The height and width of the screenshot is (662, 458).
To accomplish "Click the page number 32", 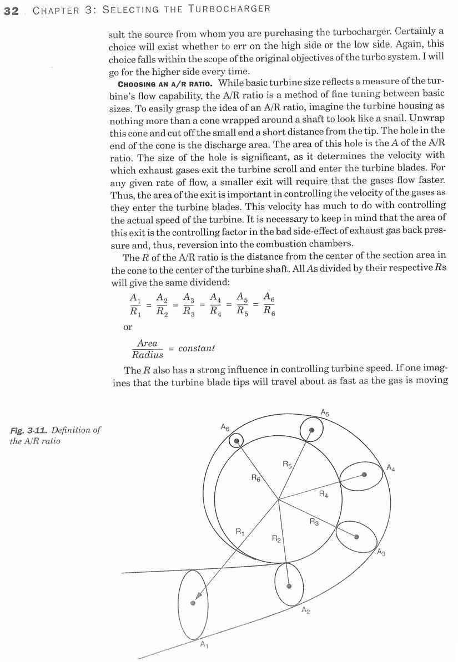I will [x=11, y=11].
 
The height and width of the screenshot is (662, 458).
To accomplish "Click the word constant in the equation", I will [x=197, y=348].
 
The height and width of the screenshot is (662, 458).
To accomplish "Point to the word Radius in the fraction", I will [x=147, y=355].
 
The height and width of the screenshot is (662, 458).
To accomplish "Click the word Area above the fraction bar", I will [x=147, y=343].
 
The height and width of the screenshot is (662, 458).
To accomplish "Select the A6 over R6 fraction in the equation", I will [x=269, y=304].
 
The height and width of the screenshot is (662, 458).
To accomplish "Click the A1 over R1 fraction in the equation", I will [x=135, y=304].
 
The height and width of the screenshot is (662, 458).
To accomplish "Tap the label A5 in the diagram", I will [x=325, y=412].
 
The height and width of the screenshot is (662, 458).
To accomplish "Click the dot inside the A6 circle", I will [x=237, y=441].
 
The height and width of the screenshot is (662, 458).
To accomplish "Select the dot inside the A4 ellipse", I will [x=364, y=475].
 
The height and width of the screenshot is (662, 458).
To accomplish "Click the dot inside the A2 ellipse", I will [x=289, y=584].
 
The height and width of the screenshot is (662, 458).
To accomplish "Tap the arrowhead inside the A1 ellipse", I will [x=193, y=602].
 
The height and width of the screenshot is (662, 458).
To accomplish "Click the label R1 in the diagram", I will [x=240, y=532].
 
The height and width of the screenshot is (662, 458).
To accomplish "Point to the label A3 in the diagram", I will [x=381, y=552].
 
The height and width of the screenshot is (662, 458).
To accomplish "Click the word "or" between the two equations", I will [x=128, y=327].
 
